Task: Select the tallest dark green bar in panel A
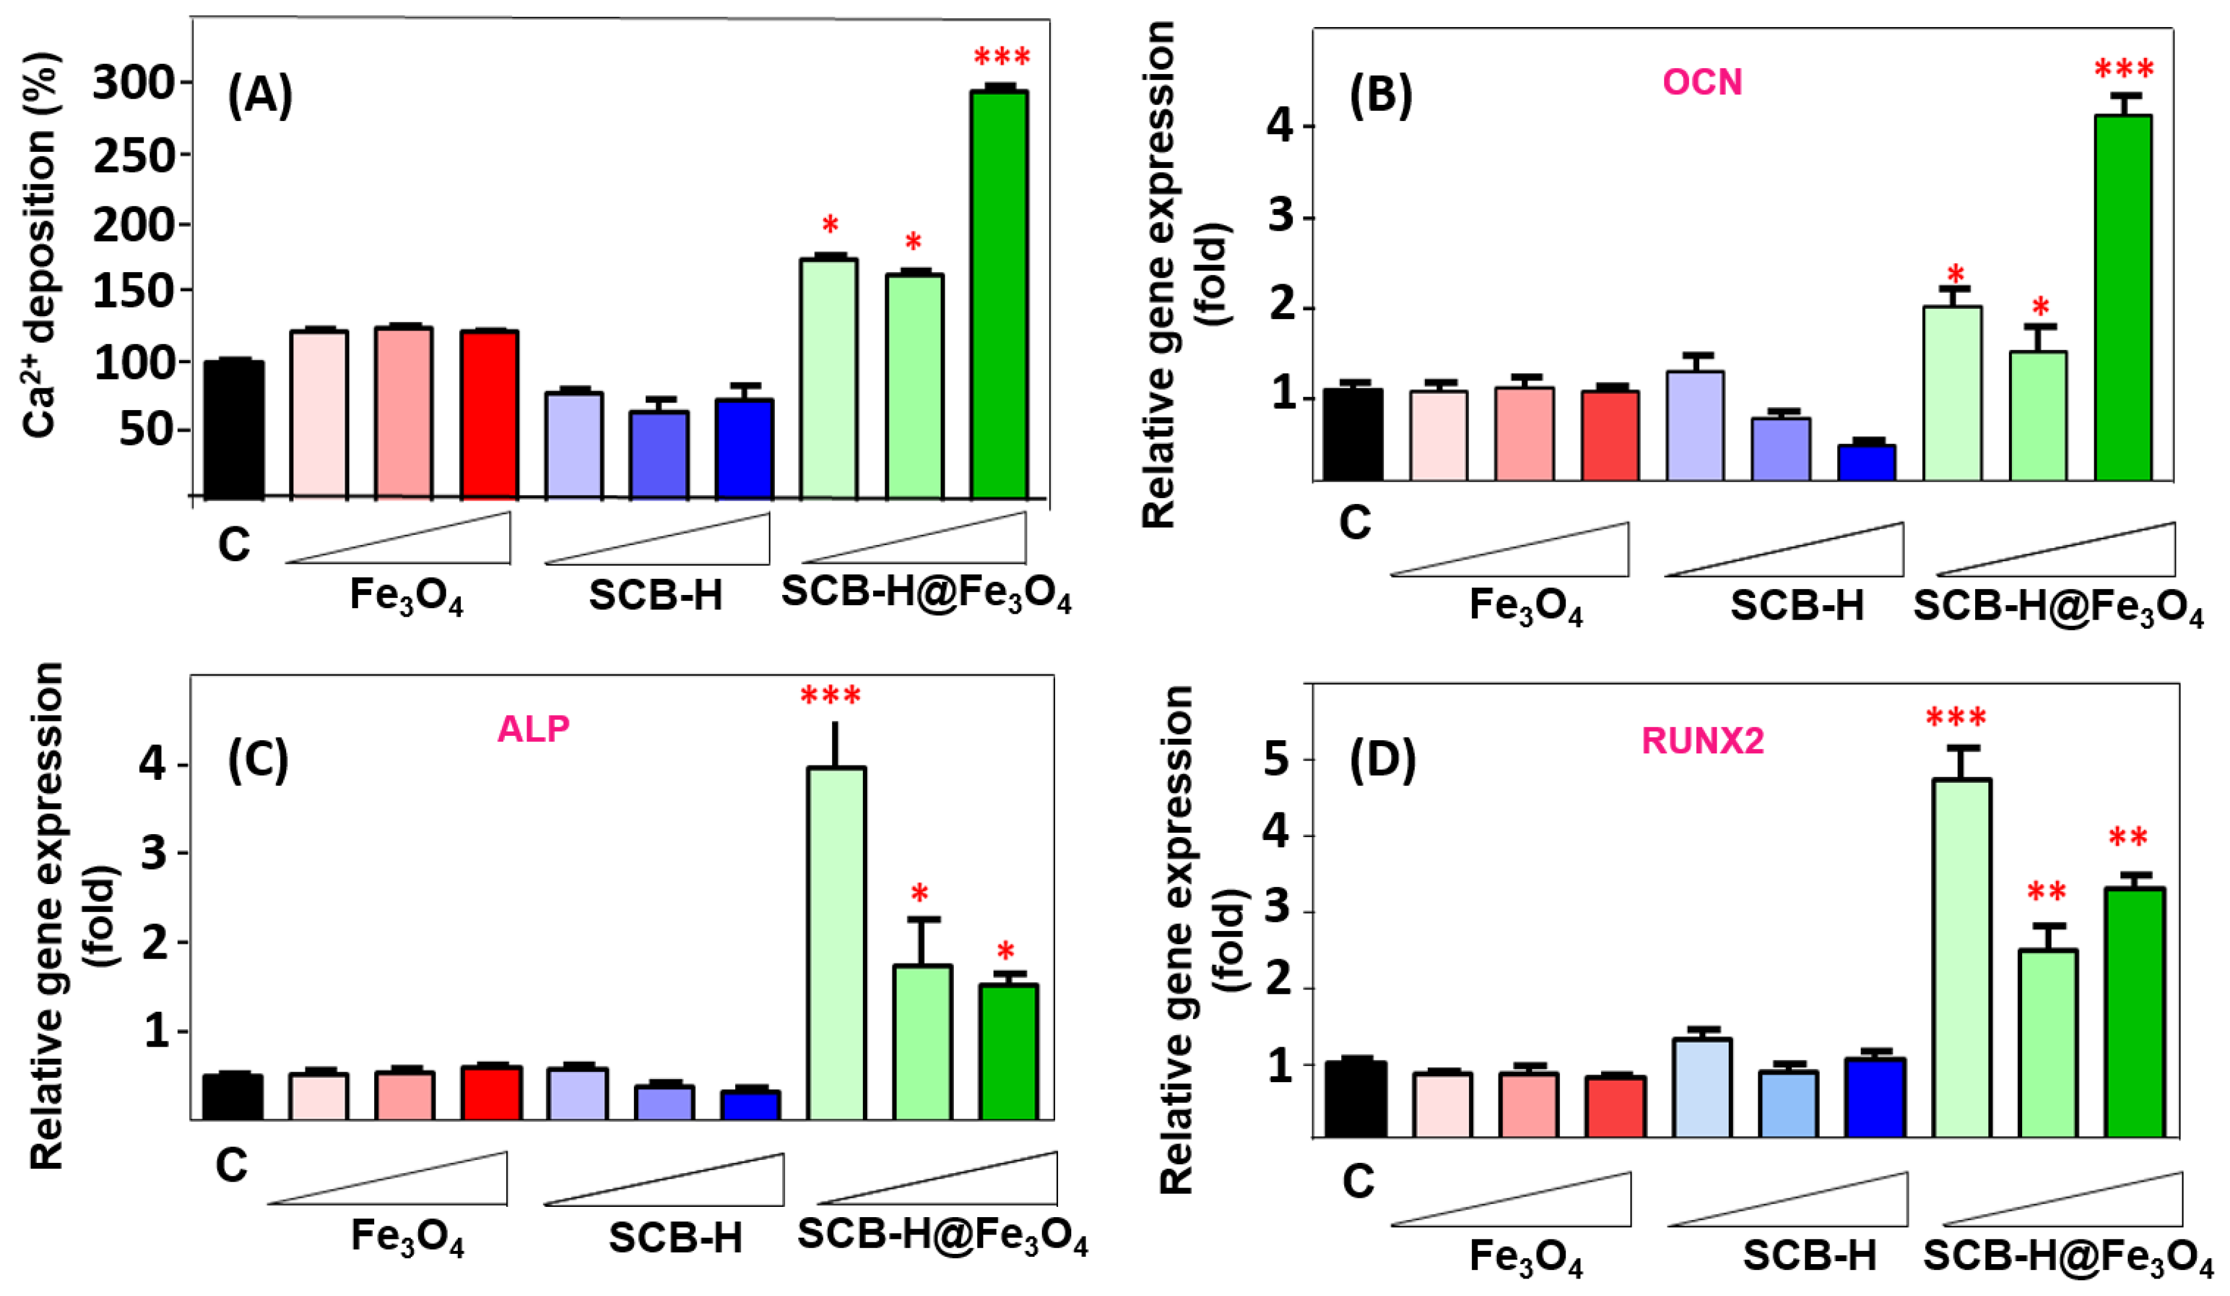click(999, 294)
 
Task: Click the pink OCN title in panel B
click(1702, 83)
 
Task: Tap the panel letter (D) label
click(1382, 761)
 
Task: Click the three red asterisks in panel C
click(830, 696)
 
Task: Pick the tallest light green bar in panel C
click(836, 943)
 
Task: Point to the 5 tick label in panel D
click(1275, 759)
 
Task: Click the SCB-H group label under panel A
click(656, 596)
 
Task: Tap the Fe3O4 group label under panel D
click(1526, 1257)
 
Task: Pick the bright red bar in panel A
click(489, 414)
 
